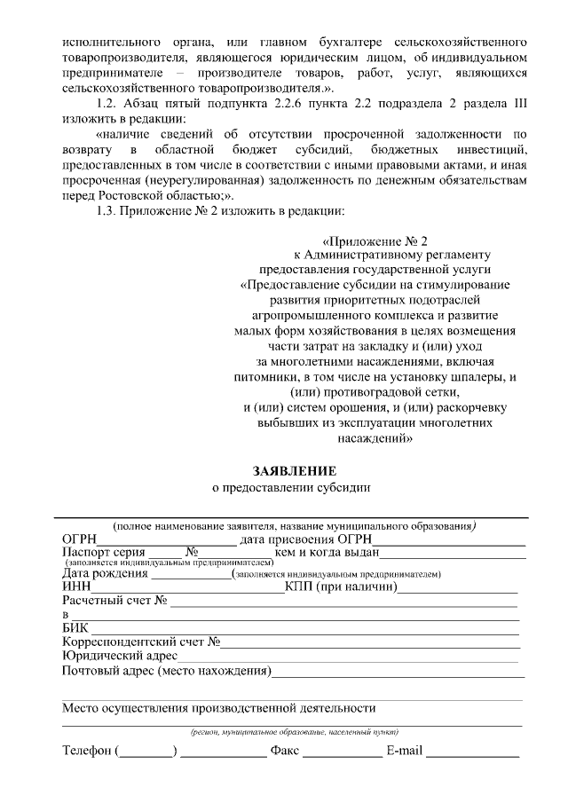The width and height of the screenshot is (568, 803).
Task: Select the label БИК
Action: click(x=76, y=629)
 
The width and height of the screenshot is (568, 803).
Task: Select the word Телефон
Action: click(x=86, y=752)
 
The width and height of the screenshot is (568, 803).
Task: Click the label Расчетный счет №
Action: click(x=114, y=601)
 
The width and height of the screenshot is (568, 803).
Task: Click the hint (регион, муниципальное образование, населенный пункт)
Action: click(x=293, y=733)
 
